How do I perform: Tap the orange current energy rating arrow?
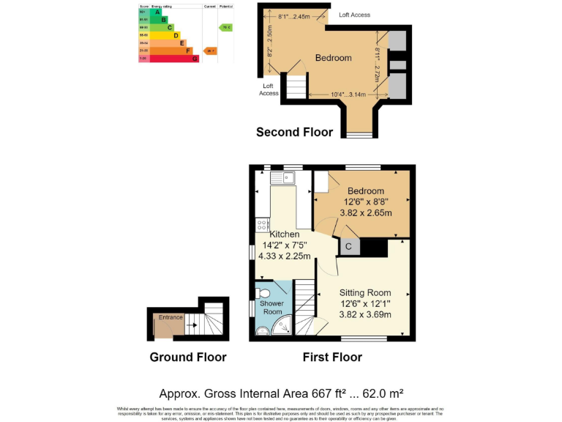(210, 51)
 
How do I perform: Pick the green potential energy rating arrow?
(226, 28)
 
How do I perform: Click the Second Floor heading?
(294, 133)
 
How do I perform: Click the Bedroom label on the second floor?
(333, 58)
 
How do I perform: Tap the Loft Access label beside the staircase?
(269, 89)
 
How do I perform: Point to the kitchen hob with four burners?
(261, 224)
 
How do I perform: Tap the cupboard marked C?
(348, 247)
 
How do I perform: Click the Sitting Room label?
(364, 293)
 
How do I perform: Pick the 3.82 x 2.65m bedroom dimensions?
(365, 213)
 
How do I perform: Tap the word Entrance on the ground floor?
(171, 317)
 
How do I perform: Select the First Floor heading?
(332, 358)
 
